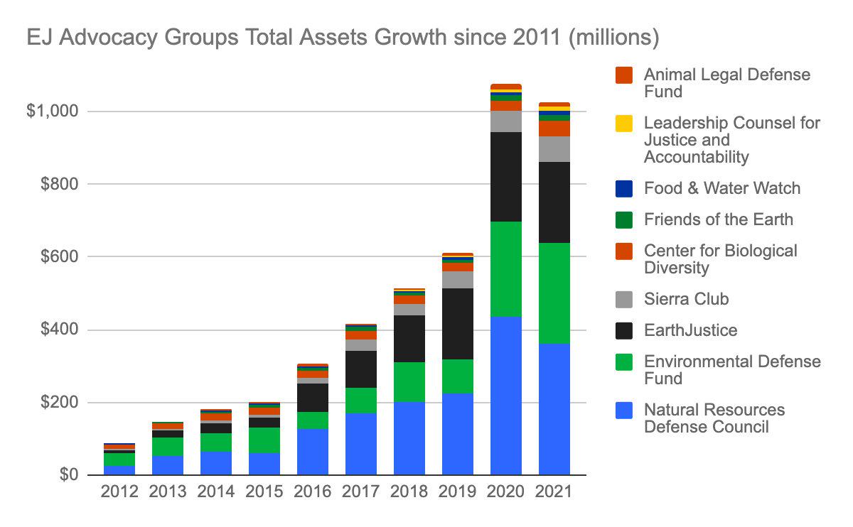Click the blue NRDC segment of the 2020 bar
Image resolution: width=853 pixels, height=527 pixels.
(x=506, y=395)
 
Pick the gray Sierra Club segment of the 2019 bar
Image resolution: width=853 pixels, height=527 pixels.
(x=458, y=280)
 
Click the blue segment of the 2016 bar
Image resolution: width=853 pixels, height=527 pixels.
(x=313, y=452)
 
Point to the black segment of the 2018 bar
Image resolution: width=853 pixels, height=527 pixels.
(x=409, y=338)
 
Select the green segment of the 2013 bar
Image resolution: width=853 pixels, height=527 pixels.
(x=168, y=446)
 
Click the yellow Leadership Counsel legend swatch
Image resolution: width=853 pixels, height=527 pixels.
(x=624, y=123)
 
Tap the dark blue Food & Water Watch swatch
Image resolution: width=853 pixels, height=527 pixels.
(x=624, y=188)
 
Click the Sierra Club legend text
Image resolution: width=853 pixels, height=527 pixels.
(x=686, y=299)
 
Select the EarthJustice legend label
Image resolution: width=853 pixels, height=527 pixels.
(x=690, y=330)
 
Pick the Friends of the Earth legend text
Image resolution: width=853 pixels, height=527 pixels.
(x=718, y=219)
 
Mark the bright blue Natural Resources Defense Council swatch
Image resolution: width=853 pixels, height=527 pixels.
(x=624, y=410)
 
